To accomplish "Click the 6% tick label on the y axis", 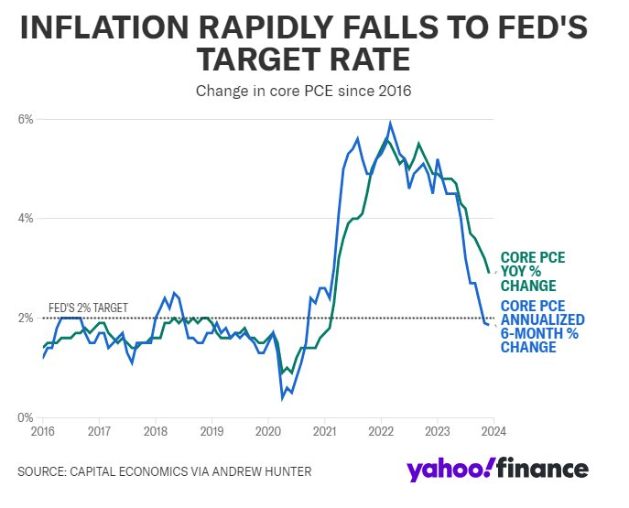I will [x=26, y=120].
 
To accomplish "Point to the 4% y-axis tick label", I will [x=26, y=219].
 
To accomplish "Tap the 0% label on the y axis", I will [x=26, y=417].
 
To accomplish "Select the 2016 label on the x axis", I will [x=42, y=430].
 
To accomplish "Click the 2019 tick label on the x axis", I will [x=211, y=430].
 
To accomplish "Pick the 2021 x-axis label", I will [x=324, y=430].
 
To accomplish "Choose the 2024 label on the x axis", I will [x=494, y=430].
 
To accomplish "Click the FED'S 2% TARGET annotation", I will [x=88, y=308].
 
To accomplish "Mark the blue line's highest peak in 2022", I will [x=391, y=123].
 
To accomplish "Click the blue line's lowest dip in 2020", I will [x=282, y=398].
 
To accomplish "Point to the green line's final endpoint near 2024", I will [x=490, y=273].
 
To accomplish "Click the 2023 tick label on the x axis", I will [x=438, y=430].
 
